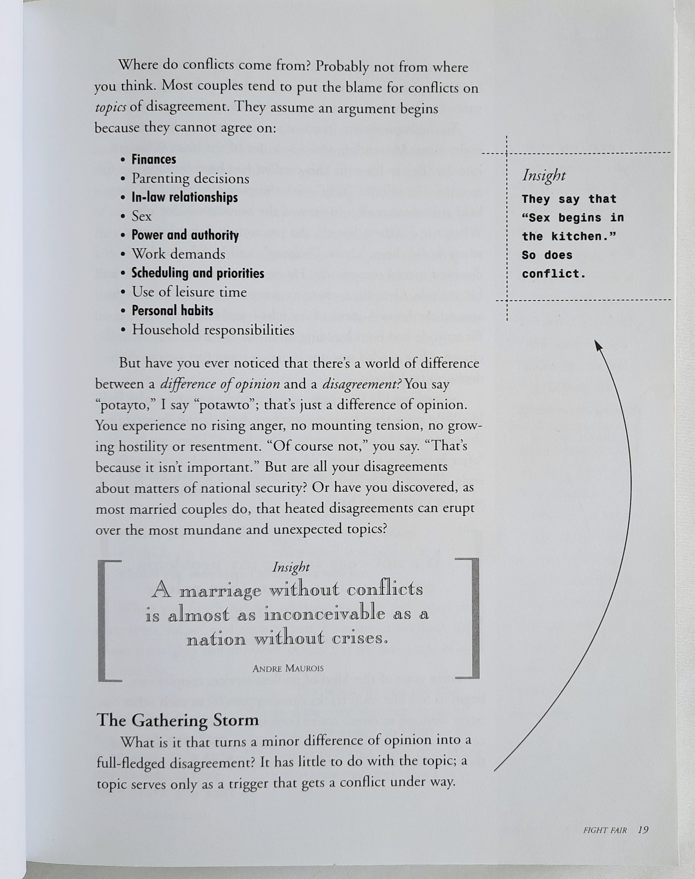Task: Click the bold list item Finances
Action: [x=154, y=159]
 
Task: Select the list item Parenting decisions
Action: [x=190, y=178]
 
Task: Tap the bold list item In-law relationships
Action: [x=185, y=197]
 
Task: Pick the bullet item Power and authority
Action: [x=185, y=235]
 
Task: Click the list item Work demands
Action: [x=178, y=254]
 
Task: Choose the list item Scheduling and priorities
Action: [x=198, y=273]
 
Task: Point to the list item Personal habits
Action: [x=172, y=310]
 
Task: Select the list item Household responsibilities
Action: [x=213, y=330]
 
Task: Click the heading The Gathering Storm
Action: [x=177, y=720]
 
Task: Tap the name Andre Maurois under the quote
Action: [x=288, y=668]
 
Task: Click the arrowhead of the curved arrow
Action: [x=597, y=344]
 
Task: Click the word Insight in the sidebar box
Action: [x=544, y=176]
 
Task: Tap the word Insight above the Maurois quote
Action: [x=291, y=567]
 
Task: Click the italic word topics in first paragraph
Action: [x=110, y=107]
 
